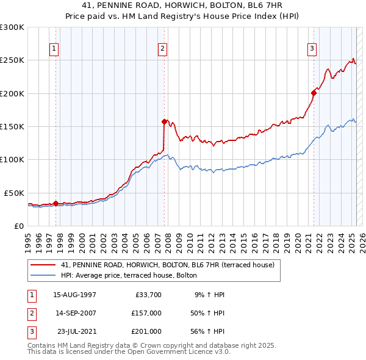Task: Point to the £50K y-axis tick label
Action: coord(15,193)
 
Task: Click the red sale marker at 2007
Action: coord(164,121)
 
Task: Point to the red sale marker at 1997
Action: coord(56,203)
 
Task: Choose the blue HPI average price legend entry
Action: coord(129,276)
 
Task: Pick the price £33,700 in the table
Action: coord(148,295)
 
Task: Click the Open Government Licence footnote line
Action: coord(129,351)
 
